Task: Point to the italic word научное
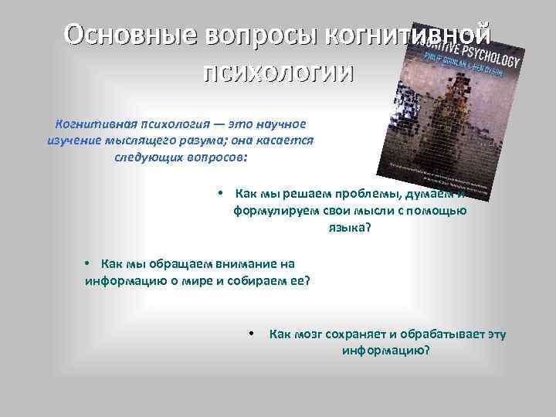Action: coord(277,124)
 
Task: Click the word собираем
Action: coord(258,280)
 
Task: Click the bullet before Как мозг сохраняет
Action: coord(252,334)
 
